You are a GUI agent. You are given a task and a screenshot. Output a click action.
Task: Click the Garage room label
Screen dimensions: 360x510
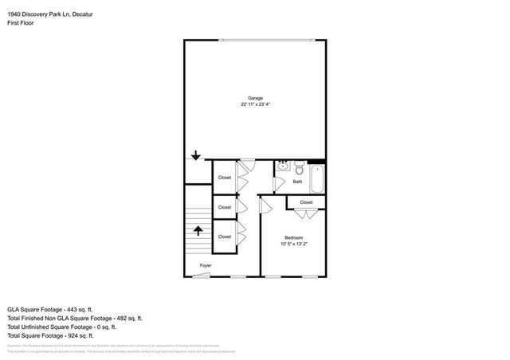[x=255, y=98]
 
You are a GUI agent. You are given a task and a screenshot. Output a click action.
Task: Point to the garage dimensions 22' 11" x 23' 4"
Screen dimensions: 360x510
[x=255, y=104]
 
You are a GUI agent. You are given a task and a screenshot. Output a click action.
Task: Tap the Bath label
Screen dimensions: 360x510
[x=297, y=182]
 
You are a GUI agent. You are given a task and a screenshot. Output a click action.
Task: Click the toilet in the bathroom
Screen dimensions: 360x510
[x=299, y=168]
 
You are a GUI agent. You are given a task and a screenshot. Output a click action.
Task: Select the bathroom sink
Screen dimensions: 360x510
[x=283, y=166]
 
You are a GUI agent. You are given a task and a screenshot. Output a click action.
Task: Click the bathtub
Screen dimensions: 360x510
[x=317, y=179]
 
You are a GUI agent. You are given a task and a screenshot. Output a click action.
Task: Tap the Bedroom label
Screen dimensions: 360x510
[x=293, y=237]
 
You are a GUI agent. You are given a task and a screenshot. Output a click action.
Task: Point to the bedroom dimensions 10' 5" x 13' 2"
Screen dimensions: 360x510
[x=293, y=244]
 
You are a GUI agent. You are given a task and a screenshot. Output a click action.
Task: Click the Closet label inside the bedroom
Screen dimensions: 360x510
[x=307, y=202]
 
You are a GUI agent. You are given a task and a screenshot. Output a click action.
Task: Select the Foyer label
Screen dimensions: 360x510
[x=206, y=265]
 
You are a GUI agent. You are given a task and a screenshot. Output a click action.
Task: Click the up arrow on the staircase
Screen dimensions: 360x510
[x=197, y=231]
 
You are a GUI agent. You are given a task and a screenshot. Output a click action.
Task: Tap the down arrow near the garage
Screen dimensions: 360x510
[x=196, y=156]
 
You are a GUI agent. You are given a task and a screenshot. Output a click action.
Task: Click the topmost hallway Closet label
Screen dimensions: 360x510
[x=225, y=178]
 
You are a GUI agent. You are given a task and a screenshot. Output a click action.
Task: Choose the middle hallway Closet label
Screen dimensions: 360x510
[x=225, y=207]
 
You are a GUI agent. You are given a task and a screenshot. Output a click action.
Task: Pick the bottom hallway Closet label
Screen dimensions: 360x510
[x=225, y=237]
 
